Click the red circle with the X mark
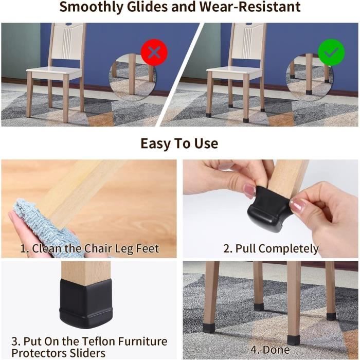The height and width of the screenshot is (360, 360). [154, 52]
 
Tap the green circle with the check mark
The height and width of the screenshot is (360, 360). [331, 52]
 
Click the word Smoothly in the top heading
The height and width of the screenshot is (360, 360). [92, 7]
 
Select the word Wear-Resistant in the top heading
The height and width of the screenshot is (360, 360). [250, 6]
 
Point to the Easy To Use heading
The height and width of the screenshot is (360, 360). [179, 143]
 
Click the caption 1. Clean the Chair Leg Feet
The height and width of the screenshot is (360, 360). [89, 248]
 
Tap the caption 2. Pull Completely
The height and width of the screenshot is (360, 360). [271, 248]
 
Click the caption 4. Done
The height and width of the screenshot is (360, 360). [270, 350]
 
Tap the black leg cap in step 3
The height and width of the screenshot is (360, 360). [86, 303]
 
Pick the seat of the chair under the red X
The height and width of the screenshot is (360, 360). [55, 73]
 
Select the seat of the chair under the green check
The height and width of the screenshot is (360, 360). [235, 73]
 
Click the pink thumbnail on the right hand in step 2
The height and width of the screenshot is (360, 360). [297, 205]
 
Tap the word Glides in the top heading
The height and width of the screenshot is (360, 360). [147, 6]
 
